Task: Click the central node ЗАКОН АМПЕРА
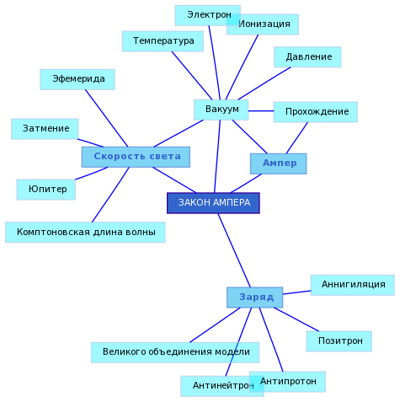(213, 203)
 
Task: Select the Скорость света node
(136, 157)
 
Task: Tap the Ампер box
(279, 163)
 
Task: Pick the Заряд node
(255, 297)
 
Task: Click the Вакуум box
(221, 110)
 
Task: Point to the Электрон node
(208, 15)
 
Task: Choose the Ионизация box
(263, 24)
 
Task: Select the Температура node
(163, 41)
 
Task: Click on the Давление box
(307, 57)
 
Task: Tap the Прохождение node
(316, 112)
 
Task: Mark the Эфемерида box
(77, 79)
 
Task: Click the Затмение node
(45, 129)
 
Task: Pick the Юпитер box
(46, 190)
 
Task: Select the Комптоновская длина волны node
(85, 233)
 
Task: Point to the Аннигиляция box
(353, 285)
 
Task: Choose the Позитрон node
(339, 341)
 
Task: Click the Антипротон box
(287, 382)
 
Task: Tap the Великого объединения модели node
(175, 352)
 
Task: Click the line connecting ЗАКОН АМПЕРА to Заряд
(234, 250)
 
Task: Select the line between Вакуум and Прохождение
(261, 111)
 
